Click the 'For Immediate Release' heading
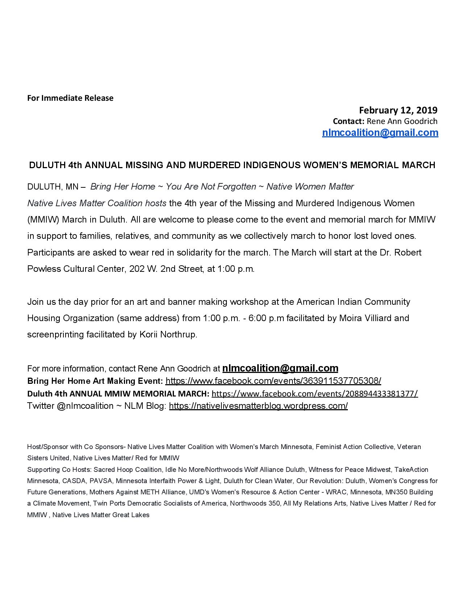70,98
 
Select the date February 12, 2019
398,110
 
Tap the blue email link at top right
380,133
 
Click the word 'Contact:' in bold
348,121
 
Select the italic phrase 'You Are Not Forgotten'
211,187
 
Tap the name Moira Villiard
365,318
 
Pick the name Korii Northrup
168,335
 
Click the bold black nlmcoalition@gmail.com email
280,368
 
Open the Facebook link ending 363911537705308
273,381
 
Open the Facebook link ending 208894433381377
315,394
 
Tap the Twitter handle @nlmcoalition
85,406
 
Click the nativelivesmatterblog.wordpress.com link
258,406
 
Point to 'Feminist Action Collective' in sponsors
354,447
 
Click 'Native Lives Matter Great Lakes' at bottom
101,515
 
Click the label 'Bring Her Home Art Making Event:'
95,381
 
